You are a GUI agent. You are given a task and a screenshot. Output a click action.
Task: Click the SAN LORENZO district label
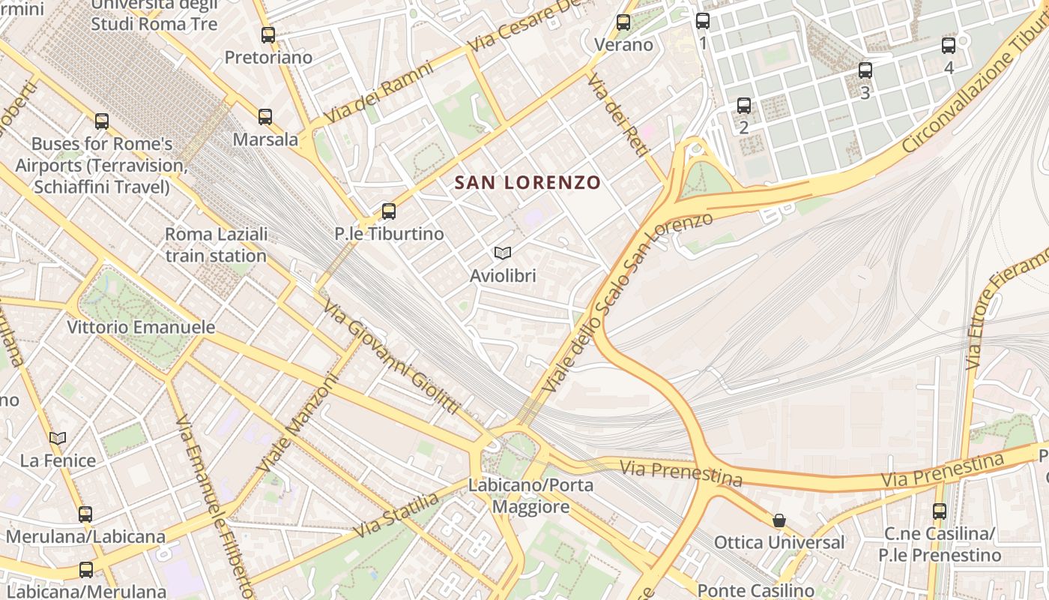527,182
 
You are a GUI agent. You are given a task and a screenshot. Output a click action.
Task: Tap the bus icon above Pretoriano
268,34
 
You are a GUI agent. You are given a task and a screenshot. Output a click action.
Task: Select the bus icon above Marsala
265,117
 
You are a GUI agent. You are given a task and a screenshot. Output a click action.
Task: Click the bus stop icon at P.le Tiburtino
388,211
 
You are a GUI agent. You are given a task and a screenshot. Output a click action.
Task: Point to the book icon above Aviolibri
503,253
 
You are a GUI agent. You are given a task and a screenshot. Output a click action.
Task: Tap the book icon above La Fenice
58,438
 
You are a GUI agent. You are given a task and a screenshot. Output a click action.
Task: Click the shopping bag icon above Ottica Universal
779,520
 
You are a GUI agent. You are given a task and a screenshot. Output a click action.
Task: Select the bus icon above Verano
623,22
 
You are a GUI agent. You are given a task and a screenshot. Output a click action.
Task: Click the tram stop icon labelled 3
865,70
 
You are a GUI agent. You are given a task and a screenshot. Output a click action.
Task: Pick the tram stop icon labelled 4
949,45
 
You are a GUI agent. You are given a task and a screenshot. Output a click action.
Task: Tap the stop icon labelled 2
744,106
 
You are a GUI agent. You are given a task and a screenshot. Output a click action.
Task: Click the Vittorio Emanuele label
141,328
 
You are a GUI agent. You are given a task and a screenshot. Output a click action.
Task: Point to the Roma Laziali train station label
216,245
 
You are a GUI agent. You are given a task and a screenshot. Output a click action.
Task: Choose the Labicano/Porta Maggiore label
530,496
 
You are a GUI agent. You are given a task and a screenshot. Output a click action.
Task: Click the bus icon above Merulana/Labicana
85,514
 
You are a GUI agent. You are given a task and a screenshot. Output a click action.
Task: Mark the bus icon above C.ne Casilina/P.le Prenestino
940,511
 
